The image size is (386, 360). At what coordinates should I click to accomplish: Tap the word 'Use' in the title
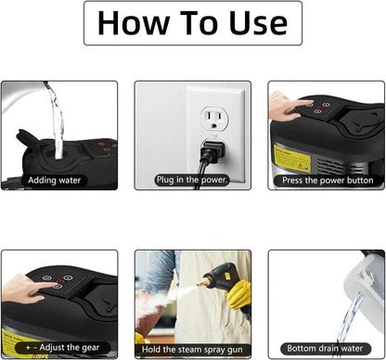click(251, 24)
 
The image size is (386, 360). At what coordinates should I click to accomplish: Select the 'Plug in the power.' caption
click(192, 179)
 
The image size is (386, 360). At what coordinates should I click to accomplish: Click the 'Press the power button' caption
click(326, 179)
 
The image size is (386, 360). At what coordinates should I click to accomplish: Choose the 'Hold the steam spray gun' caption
click(192, 347)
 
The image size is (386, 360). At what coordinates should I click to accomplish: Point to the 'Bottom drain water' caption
click(326, 347)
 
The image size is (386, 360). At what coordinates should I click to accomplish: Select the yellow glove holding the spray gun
click(239, 293)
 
